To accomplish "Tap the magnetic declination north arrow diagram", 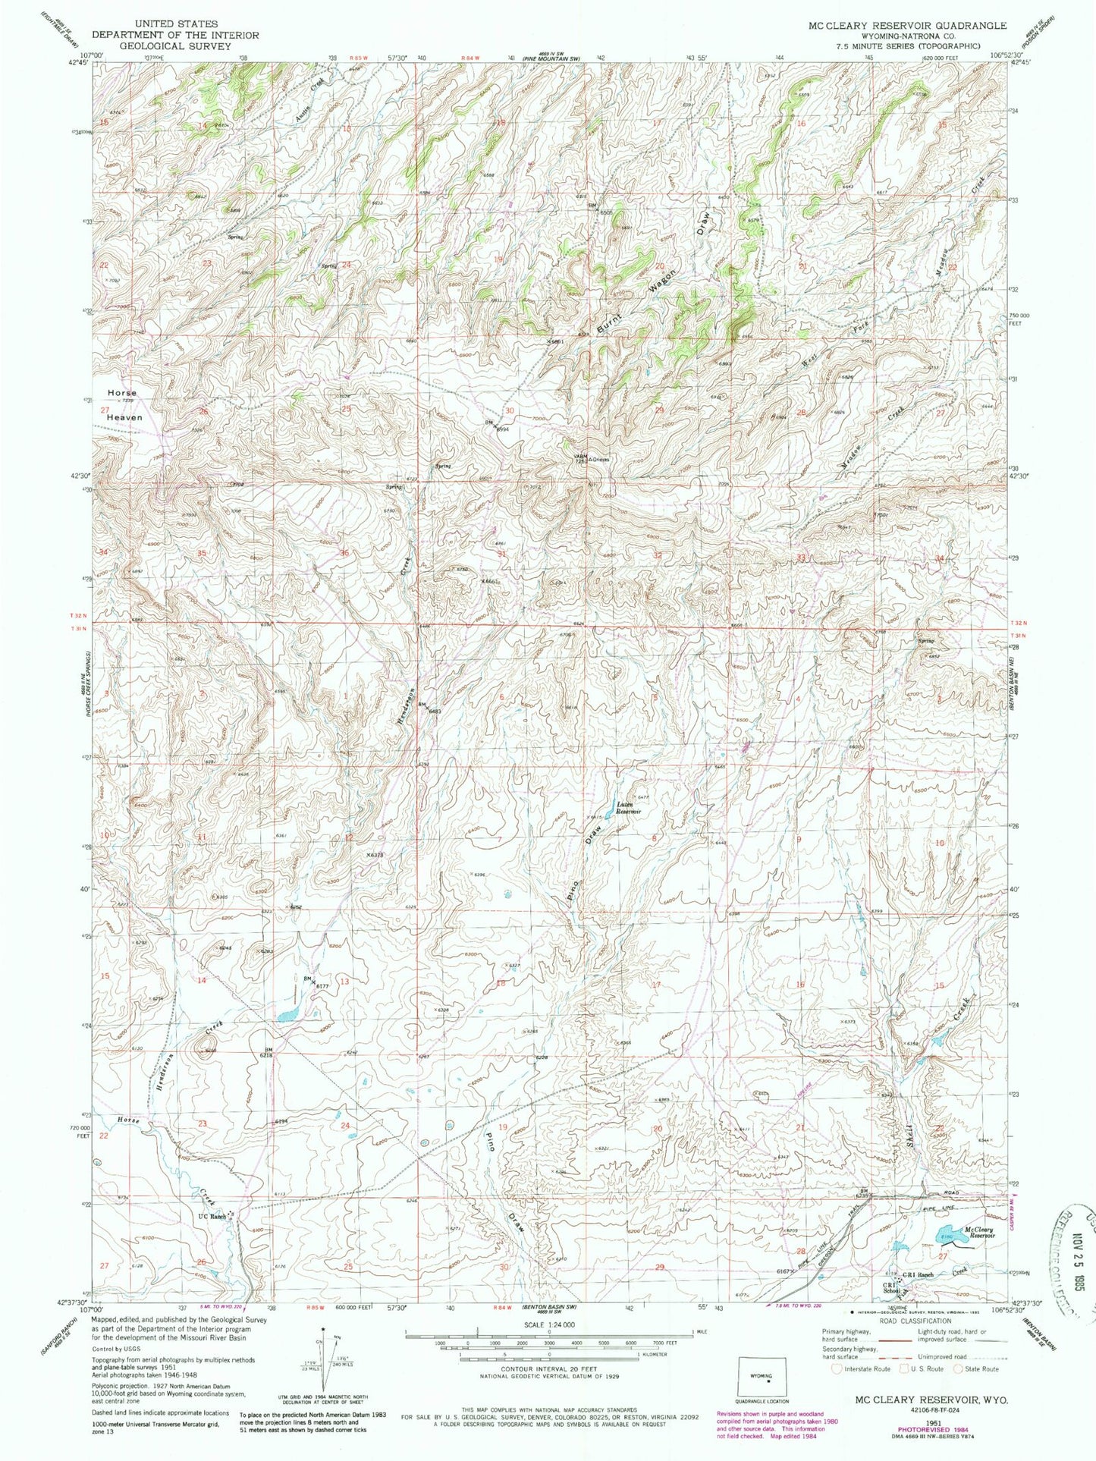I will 325,1357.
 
